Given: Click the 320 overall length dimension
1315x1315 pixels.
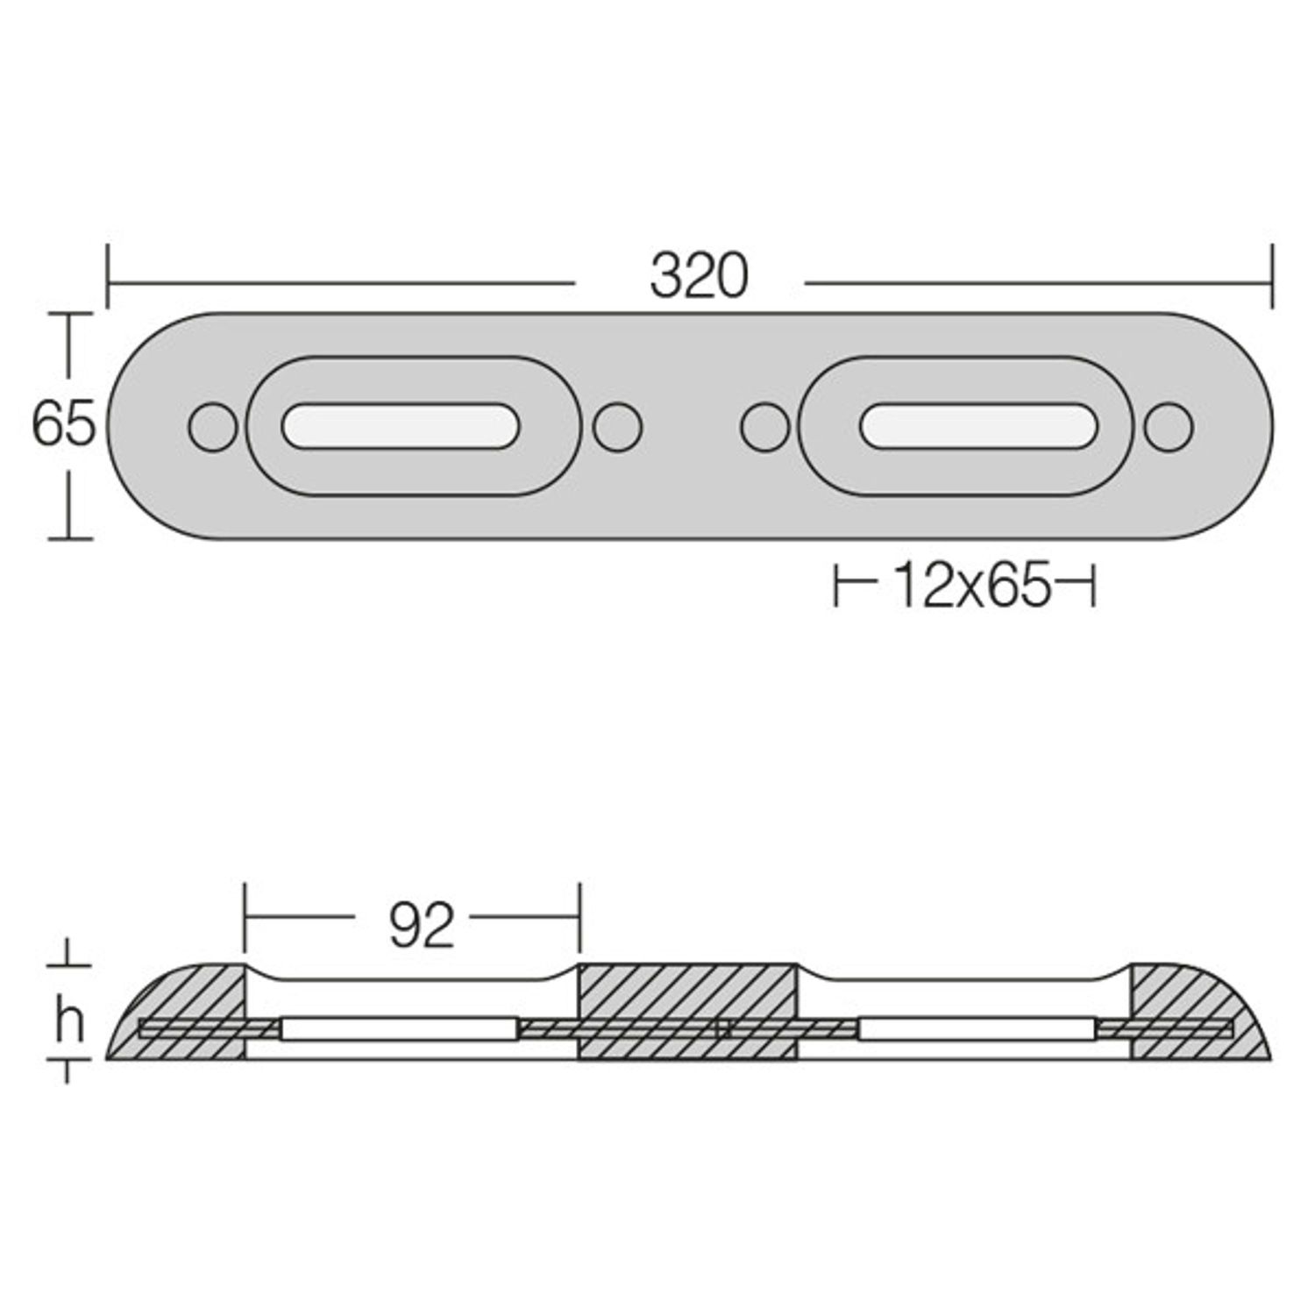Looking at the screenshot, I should point(699,276).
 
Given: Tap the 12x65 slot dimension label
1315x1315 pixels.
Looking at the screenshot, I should point(970,586).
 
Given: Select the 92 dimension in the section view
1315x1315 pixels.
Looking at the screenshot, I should point(422,926).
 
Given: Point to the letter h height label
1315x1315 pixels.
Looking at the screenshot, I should point(69,1023).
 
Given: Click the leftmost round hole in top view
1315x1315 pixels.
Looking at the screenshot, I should point(213,427).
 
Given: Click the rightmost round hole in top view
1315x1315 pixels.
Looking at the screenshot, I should point(1169,427).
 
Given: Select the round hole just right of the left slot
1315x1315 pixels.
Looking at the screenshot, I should point(617,427).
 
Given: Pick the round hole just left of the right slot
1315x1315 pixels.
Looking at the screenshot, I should point(765,427).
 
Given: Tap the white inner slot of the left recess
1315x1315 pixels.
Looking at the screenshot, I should point(401,426).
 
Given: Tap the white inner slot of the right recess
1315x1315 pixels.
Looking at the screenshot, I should point(977,426).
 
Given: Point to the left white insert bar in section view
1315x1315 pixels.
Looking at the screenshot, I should point(398,1028).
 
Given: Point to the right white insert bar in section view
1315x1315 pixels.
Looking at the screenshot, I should point(977,1028).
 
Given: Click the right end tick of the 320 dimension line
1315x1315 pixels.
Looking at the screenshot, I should point(1271,277).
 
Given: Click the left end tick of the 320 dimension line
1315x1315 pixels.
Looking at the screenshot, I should point(107,277).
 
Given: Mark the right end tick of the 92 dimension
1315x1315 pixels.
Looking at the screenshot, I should point(579,917).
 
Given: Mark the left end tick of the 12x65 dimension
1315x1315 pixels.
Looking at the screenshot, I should point(836,586).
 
